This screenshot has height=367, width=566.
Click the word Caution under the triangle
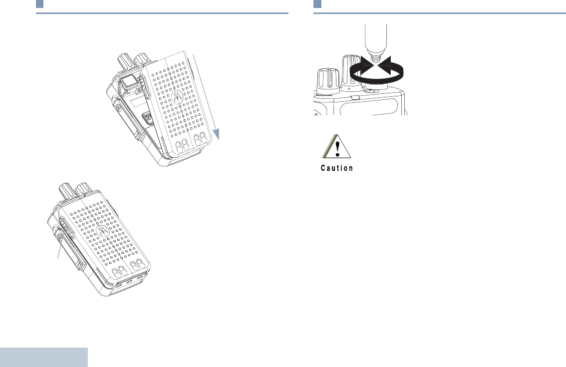(337, 168)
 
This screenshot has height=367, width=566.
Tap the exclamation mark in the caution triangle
(338, 148)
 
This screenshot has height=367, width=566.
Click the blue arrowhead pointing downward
(217, 133)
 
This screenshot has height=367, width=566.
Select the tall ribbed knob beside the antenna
(349, 70)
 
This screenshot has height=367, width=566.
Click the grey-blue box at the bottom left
(44, 358)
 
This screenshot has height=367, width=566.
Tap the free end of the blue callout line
(58, 259)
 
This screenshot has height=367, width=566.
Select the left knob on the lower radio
(65, 190)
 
